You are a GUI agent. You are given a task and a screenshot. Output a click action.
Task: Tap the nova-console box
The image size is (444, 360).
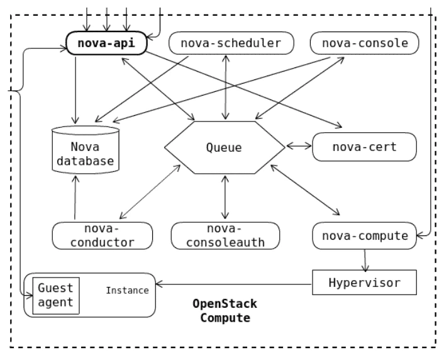coord(364,43)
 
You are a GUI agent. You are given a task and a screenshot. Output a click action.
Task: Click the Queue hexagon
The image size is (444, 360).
coord(223,149)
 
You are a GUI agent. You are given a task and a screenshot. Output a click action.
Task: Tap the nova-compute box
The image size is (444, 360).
coord(364,236)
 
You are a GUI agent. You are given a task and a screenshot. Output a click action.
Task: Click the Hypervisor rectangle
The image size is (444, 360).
coord(365,282)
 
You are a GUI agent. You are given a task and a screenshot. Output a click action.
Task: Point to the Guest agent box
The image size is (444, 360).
coord(55,295)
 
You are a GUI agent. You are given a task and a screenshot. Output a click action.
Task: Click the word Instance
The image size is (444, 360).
coord(127,290)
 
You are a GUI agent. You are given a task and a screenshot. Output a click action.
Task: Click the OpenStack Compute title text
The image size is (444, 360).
coord(225,311)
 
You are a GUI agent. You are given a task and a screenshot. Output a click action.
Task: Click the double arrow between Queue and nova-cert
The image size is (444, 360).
coord(299,146)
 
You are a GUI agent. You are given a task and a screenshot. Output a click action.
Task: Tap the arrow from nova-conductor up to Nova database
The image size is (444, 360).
coord(75,198)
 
